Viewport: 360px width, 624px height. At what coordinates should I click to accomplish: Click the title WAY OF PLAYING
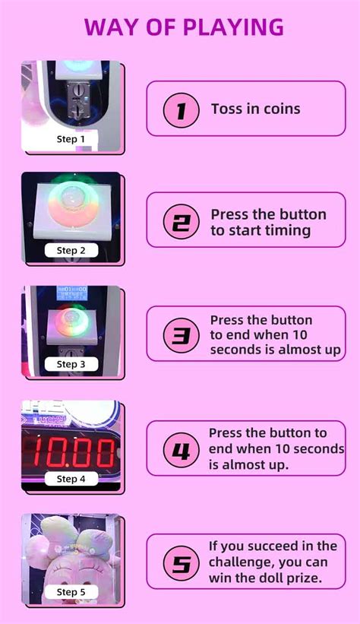[x=184, y=27]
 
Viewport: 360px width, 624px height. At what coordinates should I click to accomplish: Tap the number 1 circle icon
[x=181, y=109]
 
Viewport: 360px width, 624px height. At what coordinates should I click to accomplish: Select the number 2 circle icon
[x=181, y=221]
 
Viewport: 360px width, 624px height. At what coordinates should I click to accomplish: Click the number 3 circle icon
[x=181, y=334]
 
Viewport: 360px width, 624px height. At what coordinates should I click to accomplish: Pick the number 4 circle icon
[x=181, y=450]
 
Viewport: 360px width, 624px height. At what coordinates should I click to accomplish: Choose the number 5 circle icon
[x=181, y=562]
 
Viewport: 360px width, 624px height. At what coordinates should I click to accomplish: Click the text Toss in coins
[x=255, y=109]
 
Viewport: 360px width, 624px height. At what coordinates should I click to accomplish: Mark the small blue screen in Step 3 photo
[x=72, y=292]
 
